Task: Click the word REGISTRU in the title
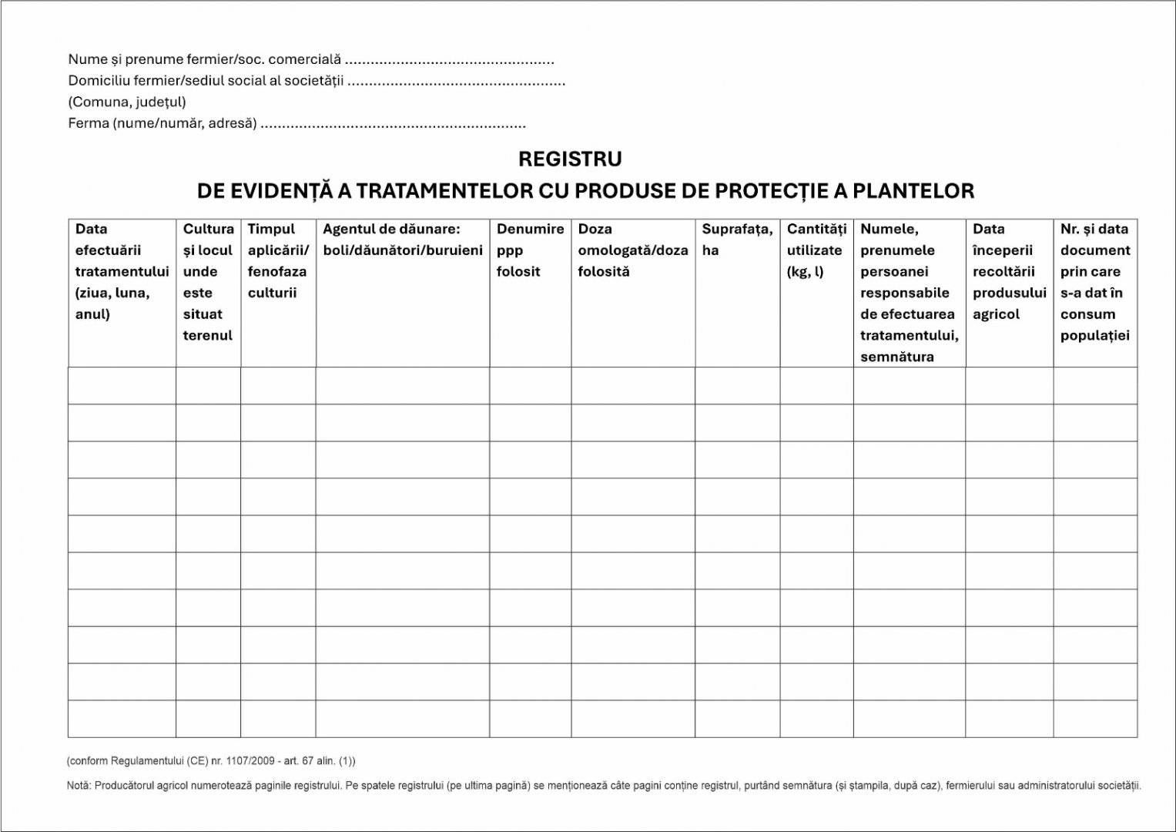tap(570, 159)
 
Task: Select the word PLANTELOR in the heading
tap(913, 191)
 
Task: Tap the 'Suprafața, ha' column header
tap(736, 240)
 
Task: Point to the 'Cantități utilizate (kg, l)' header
tap(816, 250)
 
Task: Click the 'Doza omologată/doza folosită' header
tap(632, 250)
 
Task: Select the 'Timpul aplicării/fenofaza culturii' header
tap(277, 260)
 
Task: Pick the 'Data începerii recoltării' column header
tap(1008, 271)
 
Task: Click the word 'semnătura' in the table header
tap(896, 357)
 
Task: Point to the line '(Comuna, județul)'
tap(127, 102)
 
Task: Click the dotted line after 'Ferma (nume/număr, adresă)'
tap(393, 124)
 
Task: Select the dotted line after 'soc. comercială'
tap(449, 60)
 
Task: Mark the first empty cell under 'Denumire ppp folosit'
tap(530, 385)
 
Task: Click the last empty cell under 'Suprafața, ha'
tap(737, 719)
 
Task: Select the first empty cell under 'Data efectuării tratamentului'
tap(122, 385)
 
